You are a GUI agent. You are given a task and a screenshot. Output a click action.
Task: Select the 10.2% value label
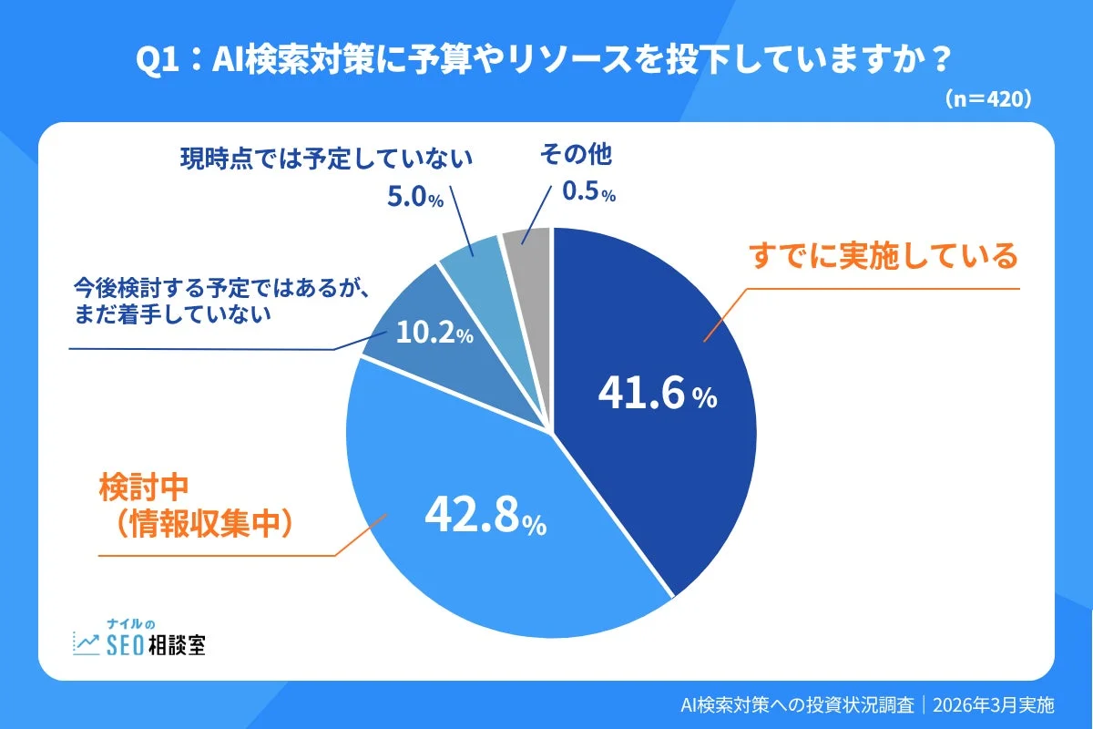point(434,334)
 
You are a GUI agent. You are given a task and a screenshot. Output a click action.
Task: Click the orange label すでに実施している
point(883,257)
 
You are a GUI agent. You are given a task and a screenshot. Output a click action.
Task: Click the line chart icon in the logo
point(87,643)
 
